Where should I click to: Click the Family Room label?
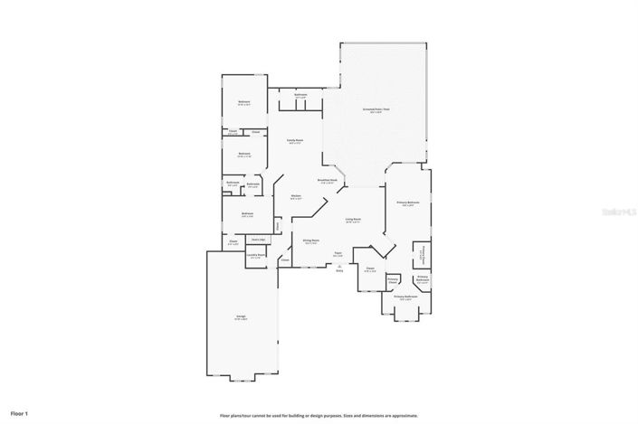click(x=294, y=140)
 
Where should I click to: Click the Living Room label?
click(x=353, y=219)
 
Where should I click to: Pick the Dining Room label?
click(x=310, y=240)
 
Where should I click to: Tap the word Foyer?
click(x=338, y=253)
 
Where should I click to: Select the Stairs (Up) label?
click(x=258, y=239)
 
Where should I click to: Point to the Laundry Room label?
click(x=255, y=254)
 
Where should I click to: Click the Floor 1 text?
click(x=18, y=413)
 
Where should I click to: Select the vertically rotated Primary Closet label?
click(x=423, y=255)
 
